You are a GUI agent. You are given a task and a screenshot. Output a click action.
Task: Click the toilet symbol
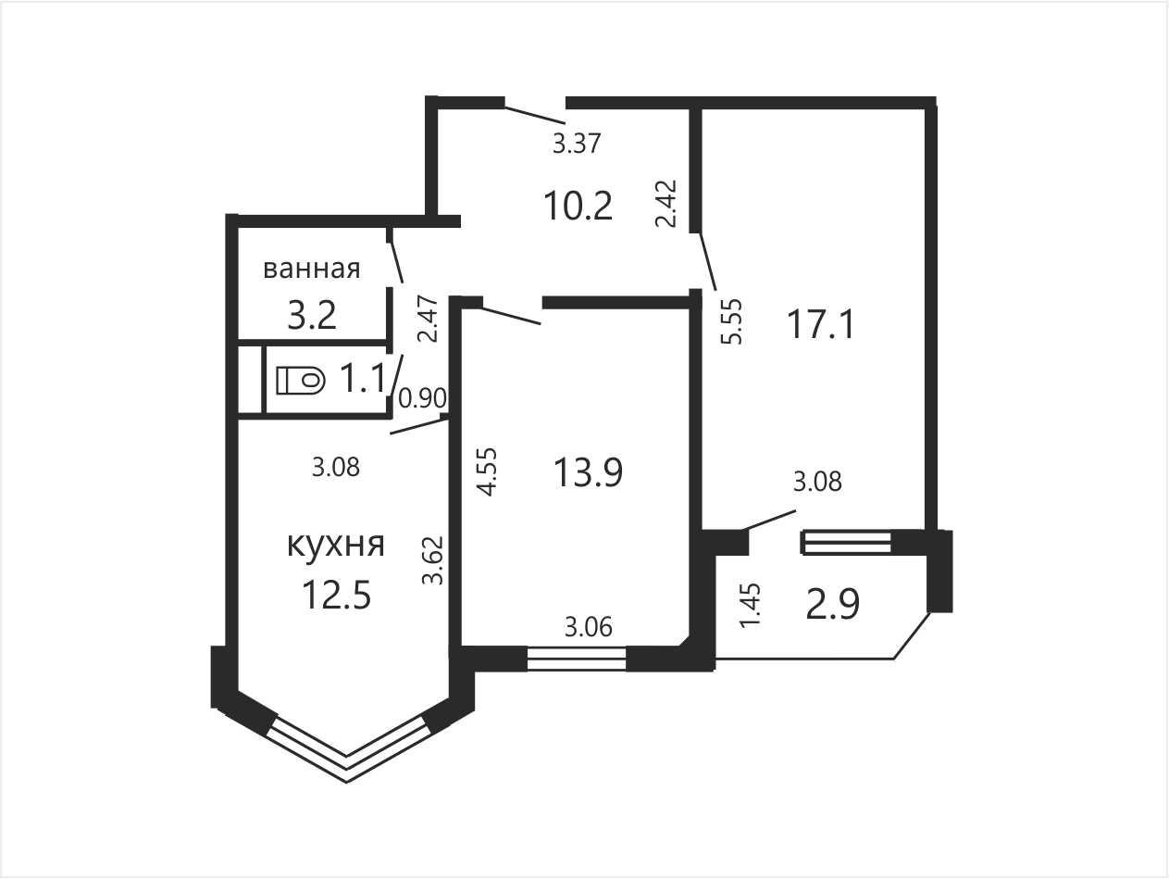(x=301, y=381)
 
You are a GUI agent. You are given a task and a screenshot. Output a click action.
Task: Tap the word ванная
(x=312, y=269)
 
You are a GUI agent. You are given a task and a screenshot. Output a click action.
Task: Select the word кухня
(x=336, y=545)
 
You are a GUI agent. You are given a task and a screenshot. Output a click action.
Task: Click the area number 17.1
(x=821, y=325)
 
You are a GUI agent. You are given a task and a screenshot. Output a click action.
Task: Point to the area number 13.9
(x=588, y=472)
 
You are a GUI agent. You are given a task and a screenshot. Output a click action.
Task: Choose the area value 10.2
(x=578, y=206)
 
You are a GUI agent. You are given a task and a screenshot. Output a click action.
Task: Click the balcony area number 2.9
(x=832, y=605)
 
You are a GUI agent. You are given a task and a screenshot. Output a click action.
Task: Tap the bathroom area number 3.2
(x=312, y=315)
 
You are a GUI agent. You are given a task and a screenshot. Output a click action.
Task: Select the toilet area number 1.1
(x=363, y=378)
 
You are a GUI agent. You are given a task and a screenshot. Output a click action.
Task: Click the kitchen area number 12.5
(x=336, y=595)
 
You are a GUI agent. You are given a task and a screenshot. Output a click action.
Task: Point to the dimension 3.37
(x=577, y=144)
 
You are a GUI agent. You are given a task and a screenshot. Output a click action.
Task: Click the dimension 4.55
(x=487, y=472)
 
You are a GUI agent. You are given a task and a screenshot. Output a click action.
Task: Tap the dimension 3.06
(x=589, y=627)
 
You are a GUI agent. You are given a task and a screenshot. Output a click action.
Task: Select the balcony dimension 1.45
(x=751, y=606)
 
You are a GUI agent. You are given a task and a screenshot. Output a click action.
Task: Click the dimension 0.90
(x=422, y=398)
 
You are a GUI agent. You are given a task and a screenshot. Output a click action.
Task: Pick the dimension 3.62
(x=432, y=560)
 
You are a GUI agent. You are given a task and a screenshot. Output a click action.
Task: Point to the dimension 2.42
(x=665, y=204)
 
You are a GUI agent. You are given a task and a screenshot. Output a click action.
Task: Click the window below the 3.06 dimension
(x=577, y=659)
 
